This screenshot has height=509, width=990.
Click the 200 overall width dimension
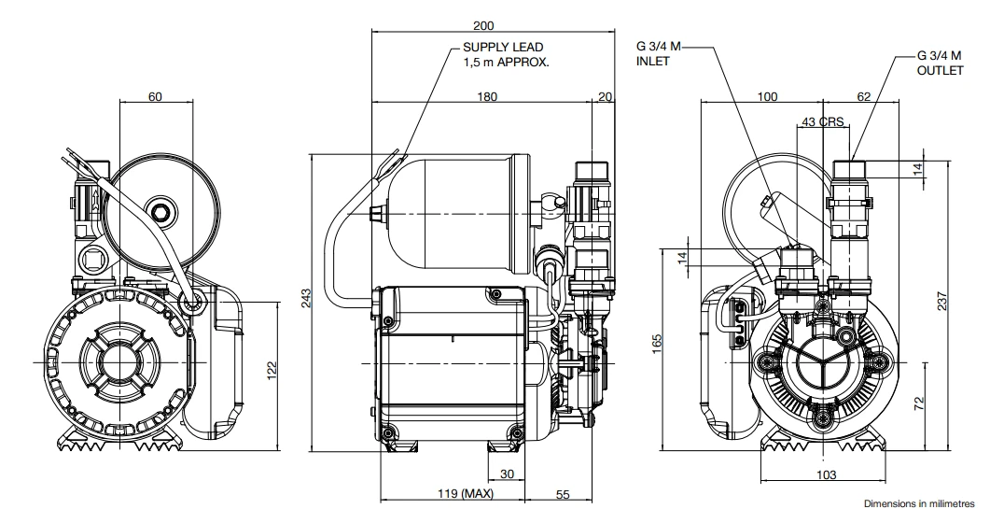[482, 26]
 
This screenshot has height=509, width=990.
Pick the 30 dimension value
[508, 474]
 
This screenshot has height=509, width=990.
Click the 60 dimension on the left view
[155, 96]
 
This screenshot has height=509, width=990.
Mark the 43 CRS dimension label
[822, 122]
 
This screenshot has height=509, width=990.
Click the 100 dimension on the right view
[767, 96]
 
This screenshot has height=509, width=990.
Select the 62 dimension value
[862, 96]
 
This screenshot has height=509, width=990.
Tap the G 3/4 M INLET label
[660, 53]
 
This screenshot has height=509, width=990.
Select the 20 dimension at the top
[606, 96]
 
